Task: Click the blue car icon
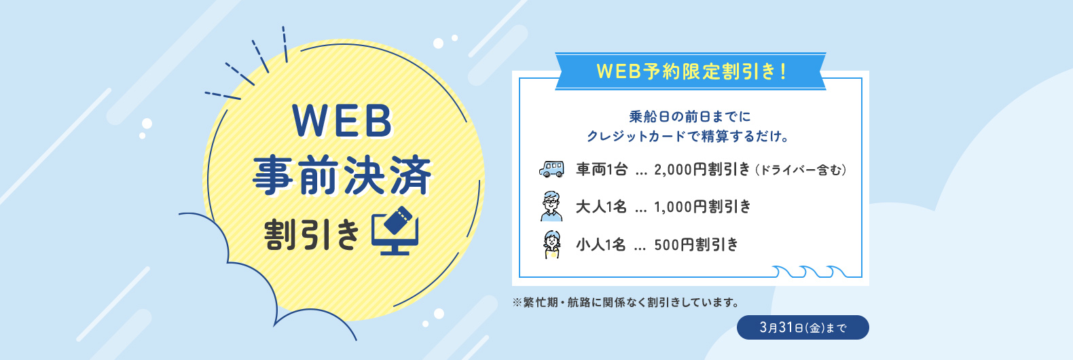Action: click(551, 168)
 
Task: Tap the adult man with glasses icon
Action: click(551, 206)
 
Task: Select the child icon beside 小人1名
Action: click(552, 245)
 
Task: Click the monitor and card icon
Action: click(395, 230)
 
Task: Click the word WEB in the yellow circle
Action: click(342, 122)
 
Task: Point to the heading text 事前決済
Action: click(342, 175)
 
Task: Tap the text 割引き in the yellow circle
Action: click(311, 234)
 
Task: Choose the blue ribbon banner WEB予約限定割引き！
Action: click(690, 71)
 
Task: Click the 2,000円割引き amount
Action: click(702, 169)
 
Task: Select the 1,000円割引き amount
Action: click(702, 206)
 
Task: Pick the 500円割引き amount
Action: click(696, 245)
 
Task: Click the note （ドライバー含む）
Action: click(801, 170)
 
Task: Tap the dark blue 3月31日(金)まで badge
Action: click(803, 327)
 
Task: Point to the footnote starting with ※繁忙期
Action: click(626, 302)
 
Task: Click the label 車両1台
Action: click(602, 169)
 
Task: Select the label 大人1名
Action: click(601, 206)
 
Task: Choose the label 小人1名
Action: click(601, 245)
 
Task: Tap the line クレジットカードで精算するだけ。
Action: click(688, 137)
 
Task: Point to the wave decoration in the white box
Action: click(810, 271)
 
